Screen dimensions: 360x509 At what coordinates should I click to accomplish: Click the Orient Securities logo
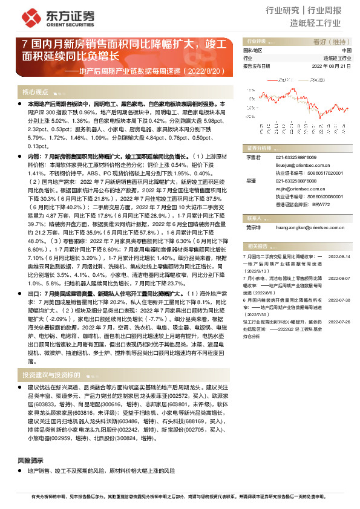pos(45,17)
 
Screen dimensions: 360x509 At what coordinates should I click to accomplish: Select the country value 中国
pos(346,50)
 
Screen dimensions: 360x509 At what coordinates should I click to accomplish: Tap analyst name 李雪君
pos(252,157)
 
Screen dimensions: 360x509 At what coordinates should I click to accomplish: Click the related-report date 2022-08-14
pos(339,256)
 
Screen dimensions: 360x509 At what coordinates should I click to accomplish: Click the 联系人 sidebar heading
pos(255,216)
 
